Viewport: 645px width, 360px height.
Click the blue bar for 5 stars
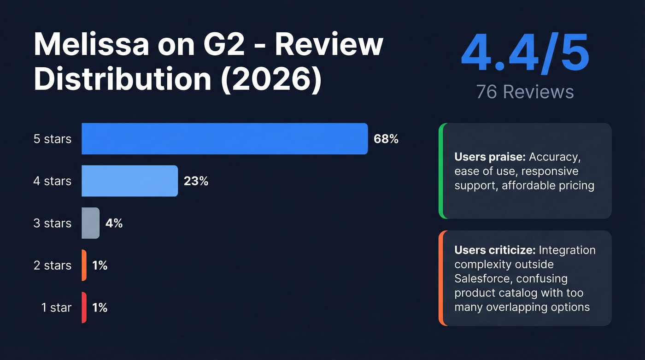224,139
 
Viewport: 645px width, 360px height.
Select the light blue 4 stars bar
129,181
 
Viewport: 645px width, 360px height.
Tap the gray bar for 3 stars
90,223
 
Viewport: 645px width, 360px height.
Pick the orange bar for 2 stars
84,265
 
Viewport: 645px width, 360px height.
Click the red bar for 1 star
84,307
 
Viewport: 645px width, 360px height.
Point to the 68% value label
386,139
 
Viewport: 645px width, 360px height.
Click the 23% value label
196,181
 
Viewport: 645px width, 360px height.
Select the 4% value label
114,223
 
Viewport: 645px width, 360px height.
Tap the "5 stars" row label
53,139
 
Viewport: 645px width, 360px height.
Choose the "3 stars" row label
53,223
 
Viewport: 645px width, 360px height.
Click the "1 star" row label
56,307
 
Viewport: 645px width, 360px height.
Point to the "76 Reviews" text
525,92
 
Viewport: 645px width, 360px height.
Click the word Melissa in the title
91,45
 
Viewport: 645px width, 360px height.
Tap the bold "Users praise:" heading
490,157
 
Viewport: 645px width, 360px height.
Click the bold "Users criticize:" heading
494,250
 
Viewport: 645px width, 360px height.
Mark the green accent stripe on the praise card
441,171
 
